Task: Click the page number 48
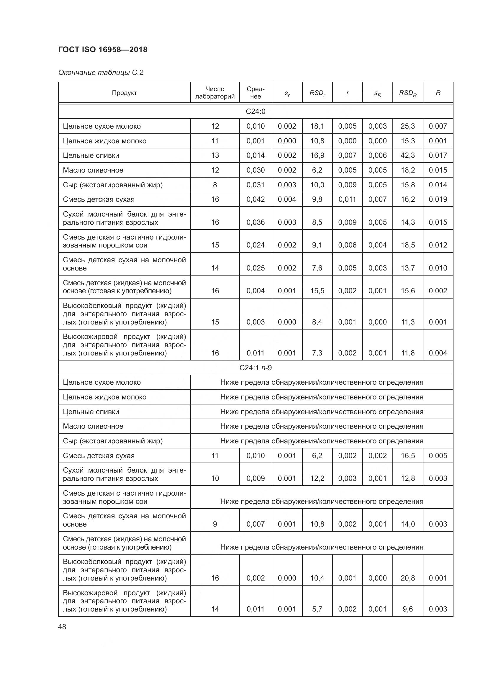pos(62,627)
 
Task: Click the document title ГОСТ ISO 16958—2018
pos(103,50)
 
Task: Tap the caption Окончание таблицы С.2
pos(101,73)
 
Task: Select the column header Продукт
pos(124,93)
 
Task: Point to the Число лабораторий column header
pos(215,93)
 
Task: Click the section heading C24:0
pos(256,112)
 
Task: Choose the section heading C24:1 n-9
pos(256,368)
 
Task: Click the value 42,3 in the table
pos(407,155)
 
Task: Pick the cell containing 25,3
pos(407,126)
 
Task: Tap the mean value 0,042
pos(256,199)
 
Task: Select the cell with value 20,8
pos(407,578)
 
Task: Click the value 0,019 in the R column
pos(438,199)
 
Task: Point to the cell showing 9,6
pos(407,609)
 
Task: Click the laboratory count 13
pos(215,155)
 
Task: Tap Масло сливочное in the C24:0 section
pos(93,170)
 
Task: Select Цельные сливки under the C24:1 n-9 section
pos(91,412)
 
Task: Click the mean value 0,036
pos(256,222)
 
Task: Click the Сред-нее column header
pos(256,93)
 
